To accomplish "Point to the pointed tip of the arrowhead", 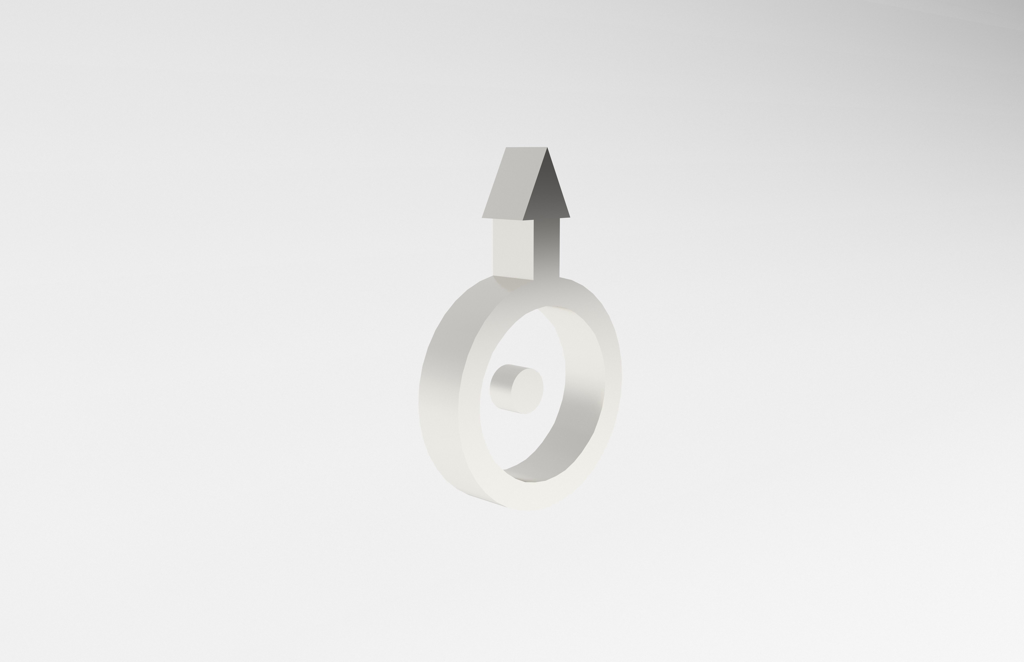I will click(x=547, y=148).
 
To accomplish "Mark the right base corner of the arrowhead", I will click(x=570, y=217).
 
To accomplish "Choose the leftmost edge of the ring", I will click(x=419, y=400).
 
